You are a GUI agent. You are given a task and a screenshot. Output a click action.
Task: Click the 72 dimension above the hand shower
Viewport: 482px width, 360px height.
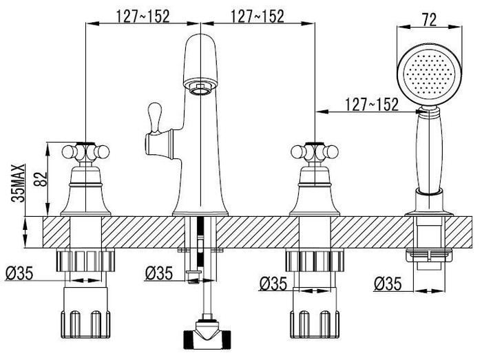coord(429,20)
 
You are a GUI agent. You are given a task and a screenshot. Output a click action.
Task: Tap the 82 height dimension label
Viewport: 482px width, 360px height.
coord(41,179)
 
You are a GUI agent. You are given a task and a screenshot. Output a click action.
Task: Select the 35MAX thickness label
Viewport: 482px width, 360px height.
coord(18,183)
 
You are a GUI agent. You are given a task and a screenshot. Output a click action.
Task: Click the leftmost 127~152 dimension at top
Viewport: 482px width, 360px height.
coord(143,17)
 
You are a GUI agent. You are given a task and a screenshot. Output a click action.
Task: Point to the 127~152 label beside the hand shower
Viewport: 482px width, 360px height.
coord(372,105)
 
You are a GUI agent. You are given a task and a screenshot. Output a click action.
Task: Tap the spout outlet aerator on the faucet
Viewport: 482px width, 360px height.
coord(201,89)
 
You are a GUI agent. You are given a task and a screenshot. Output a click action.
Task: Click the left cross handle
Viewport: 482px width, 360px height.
coord(86,151)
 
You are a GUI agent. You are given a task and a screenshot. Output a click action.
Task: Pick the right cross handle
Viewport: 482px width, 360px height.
coord(315,151)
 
